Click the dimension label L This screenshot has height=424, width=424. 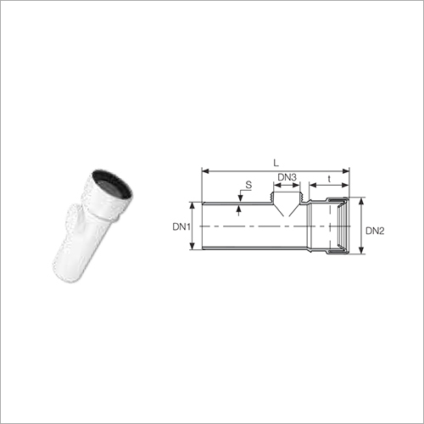pyautogui.click(x=276, y=163)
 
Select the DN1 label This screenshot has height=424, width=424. pyautogui.click(x=181, y=226)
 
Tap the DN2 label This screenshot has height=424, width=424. pyautogui.click(x=375, y=231)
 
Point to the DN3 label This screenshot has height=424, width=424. pyautogui.click(x=287, y=177)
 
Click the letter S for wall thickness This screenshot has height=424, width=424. pyautogui.click(x=248, y=185)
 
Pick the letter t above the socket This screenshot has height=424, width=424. pyautogui.click(x=329, y=179)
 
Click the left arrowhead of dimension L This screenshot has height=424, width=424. pyautogui.click(x=205, y=171)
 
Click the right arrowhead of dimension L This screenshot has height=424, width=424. pyautogui.click(x=346, y=171)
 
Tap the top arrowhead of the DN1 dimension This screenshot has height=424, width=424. pyautogui.click(x=192, y=205)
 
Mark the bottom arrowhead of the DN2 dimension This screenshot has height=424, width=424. pyautogui.click(x=361, y=250)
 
